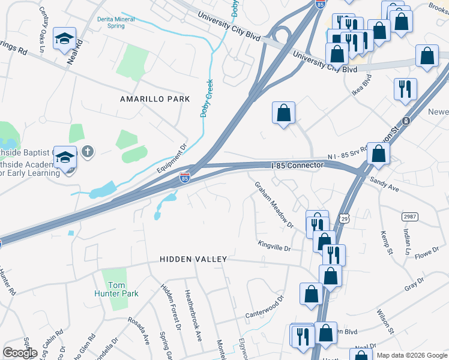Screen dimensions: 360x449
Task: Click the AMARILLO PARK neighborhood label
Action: pos(154,99)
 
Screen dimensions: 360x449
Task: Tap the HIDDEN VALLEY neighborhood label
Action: pos(193,259)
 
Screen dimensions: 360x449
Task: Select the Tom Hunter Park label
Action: pos(120,289)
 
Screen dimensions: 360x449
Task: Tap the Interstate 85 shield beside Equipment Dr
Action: pos(185,178)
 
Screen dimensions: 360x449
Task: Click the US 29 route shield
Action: pos(343,220)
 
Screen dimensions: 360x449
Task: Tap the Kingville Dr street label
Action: pos(274,245)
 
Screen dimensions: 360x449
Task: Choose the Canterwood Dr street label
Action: pos(264,309)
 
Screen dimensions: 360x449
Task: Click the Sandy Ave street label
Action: pos(384,183)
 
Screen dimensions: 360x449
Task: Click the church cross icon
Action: pos(88,151)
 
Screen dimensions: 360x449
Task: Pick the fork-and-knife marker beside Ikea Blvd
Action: pos(405,88)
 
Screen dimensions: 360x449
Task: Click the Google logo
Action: pos(20,352)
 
